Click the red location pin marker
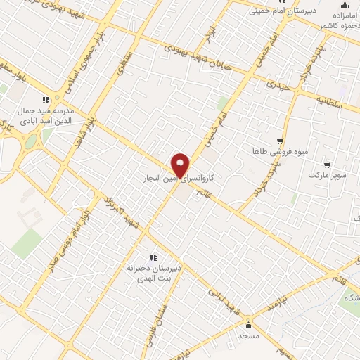(181, 165)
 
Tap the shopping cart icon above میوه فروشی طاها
(280, 141)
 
